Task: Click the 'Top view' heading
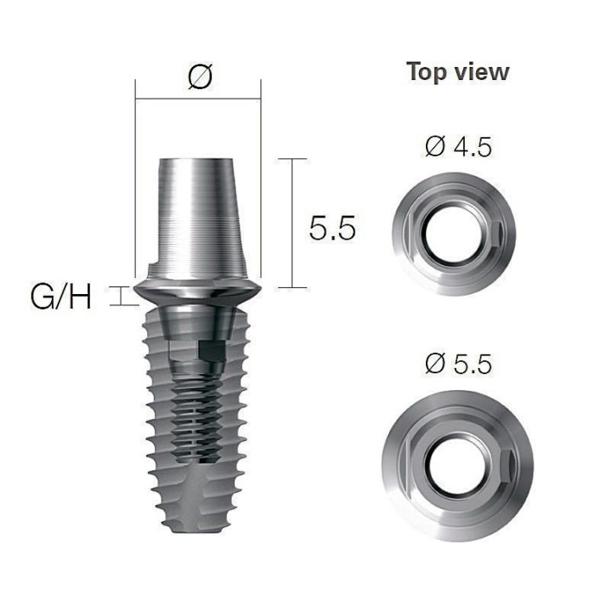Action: (457, 72)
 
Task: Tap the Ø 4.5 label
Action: (458, 148)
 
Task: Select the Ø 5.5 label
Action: (458, 364)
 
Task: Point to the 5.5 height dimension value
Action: (332, 228)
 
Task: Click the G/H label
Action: (60, 297)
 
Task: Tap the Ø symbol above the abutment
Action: (200, 76)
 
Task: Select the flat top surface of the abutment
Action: (195, 160)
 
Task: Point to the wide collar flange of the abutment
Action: (197, 292)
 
